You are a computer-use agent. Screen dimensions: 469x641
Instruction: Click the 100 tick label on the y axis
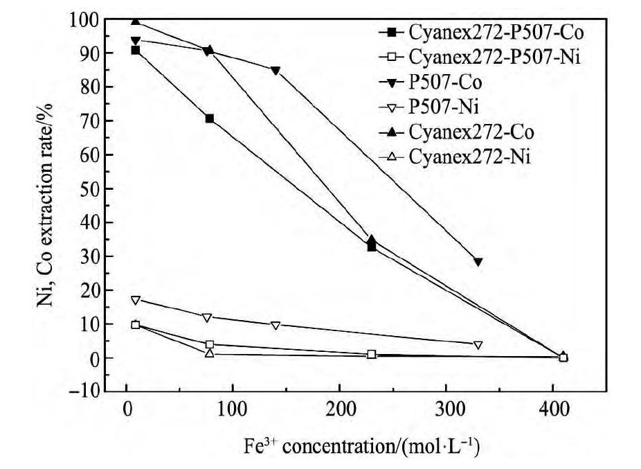tap(82, 20)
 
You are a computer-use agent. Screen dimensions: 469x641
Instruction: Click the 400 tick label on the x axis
tap(552, 410)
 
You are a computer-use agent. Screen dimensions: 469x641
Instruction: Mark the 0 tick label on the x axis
tap(127, 410)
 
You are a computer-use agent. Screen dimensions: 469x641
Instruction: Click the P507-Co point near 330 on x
tap(478, 262)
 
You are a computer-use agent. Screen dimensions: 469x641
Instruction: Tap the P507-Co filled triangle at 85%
tap(276, 71)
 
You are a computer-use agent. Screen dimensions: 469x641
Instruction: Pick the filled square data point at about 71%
tap(210, 118)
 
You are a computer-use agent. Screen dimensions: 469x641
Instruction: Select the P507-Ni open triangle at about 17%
tap(136, 300)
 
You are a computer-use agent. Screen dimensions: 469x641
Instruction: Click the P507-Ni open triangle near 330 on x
tap(478, 345)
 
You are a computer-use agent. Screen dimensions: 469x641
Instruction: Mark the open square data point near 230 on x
tap(372, 354)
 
